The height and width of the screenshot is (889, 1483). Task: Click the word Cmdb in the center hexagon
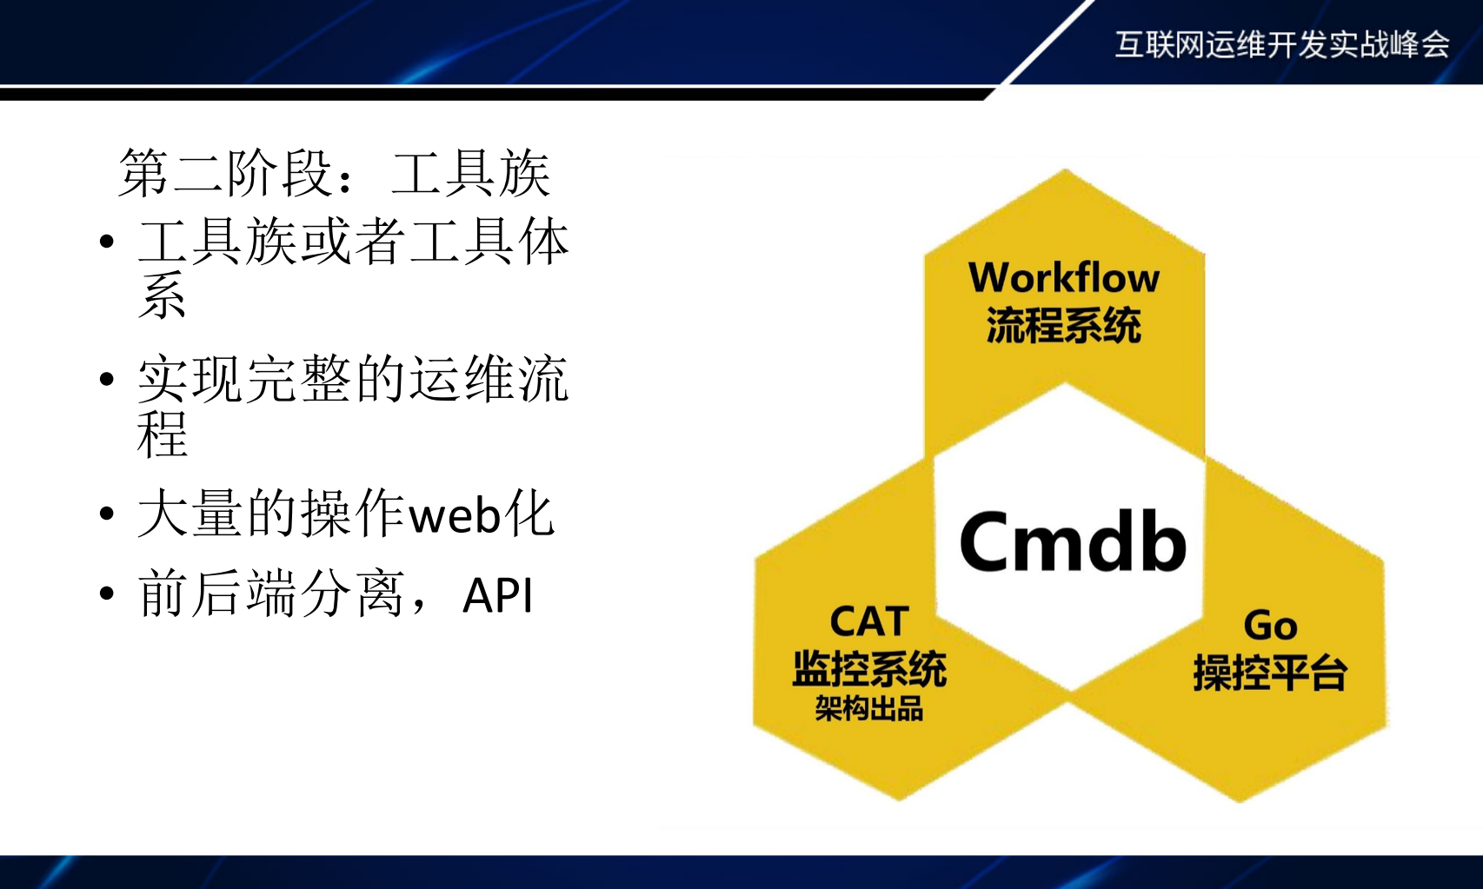pyautogui.click(x=1073, y=541)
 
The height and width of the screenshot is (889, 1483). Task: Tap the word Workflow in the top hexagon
pyautogui.click(x=1064, y=278)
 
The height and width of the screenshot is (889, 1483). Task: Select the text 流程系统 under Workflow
pyautogui.click(x=1063, y=326)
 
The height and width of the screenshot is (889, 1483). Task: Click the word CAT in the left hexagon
pyautogui.click(x=869, y=622)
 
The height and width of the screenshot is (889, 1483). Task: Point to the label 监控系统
pyautogui.click(x=869, y=669)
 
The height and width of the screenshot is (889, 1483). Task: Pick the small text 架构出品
pyautogui.click(x=869, y=709)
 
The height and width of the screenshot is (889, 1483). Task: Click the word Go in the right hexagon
pyautogui.click(x=1270, y=626)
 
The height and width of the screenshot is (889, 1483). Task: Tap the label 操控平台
pyautogui.click(x=1270, y=673)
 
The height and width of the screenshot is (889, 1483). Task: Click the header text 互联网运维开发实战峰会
pyautogui.click(x=1282, y=44)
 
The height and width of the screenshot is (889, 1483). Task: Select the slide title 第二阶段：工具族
pyautogui.click(x=335, y=173)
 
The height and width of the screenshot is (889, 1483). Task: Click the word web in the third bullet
pyautogui.click(x=455, y=515)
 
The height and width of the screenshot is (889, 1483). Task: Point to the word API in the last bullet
pyautogui.click(x=498, y=596)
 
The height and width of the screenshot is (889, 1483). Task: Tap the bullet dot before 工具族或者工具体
pyautogui.click(x=107, y=242)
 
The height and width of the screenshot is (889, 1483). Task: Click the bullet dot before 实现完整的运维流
pyautogui.click(x=107, y=379)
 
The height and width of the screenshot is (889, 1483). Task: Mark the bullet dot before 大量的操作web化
pyautogui.click(x=107, y=514)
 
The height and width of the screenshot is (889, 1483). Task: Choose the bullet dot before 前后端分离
pyautogui.click(x=107, y=594)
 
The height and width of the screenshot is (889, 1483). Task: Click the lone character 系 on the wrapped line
pyautogui.click(x=163, y=296)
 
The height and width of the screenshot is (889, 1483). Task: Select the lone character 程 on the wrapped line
pyautogui.click(x=163, y=434)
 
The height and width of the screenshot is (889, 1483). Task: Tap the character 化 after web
pyautogui.click(x=529, y=514)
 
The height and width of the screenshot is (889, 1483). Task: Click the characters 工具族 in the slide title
pyautogui.click(x=470, y=173)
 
